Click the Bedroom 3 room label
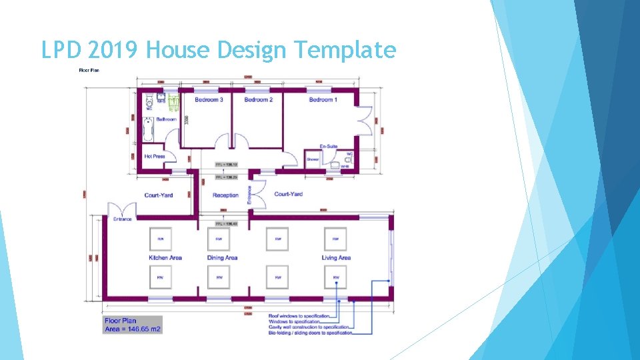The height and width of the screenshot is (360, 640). (209, 100)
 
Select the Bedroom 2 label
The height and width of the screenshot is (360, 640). (259, 100)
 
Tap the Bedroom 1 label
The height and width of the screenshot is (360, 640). (323, 100)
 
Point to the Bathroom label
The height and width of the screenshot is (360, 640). (167, 119)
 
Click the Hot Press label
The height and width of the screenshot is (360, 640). (155, 157)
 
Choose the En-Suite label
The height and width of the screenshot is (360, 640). (329, 146)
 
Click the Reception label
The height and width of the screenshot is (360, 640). (225, 195)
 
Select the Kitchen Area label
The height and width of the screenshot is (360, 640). (165, 258)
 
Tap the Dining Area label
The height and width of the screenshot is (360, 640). (222, 258)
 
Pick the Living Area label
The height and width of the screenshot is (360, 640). (336, 258)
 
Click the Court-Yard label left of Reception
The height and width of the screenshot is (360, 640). (159, 195)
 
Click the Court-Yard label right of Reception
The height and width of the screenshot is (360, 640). (288, 194)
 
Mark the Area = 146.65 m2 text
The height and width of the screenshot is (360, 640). (133, 329)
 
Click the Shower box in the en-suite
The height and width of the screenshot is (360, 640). (313, 160)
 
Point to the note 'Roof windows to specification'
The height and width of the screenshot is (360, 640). (294, 316)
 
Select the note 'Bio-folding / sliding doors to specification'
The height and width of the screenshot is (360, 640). (310, 333)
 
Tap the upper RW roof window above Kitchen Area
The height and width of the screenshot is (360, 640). (160, 239)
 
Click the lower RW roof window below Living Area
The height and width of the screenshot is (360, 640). (335, 277)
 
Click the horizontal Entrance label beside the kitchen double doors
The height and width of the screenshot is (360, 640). (123, 219)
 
